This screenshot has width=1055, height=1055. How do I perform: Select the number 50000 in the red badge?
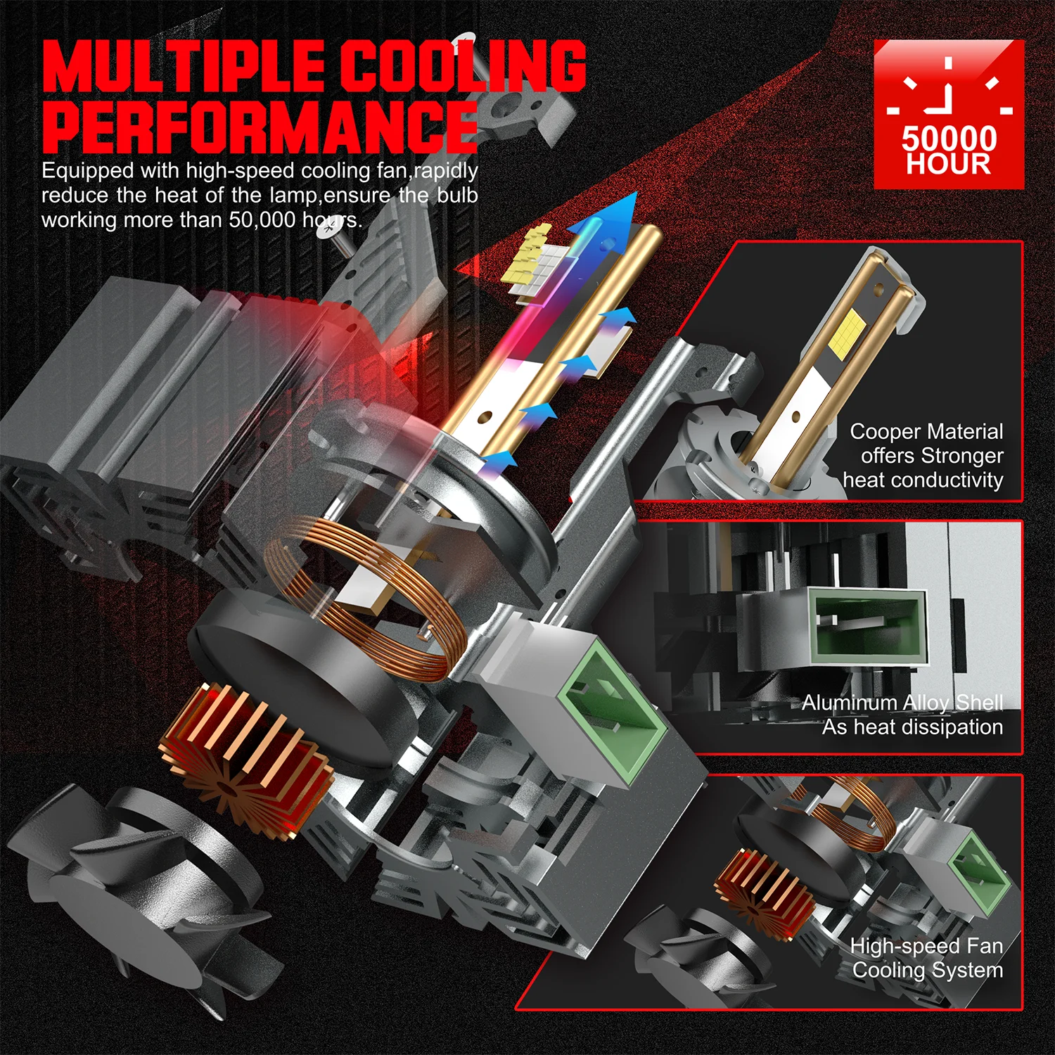tap(949, 138)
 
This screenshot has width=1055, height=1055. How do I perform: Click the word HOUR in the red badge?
tap(949, 164)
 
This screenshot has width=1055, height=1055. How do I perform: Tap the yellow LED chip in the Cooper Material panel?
tap(848, 330)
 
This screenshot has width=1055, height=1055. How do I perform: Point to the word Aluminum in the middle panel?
tap(849, 702)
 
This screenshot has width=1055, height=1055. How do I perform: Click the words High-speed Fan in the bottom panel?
tap(926, 946)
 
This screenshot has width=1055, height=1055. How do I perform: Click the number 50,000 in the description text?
tap(262, 219)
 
